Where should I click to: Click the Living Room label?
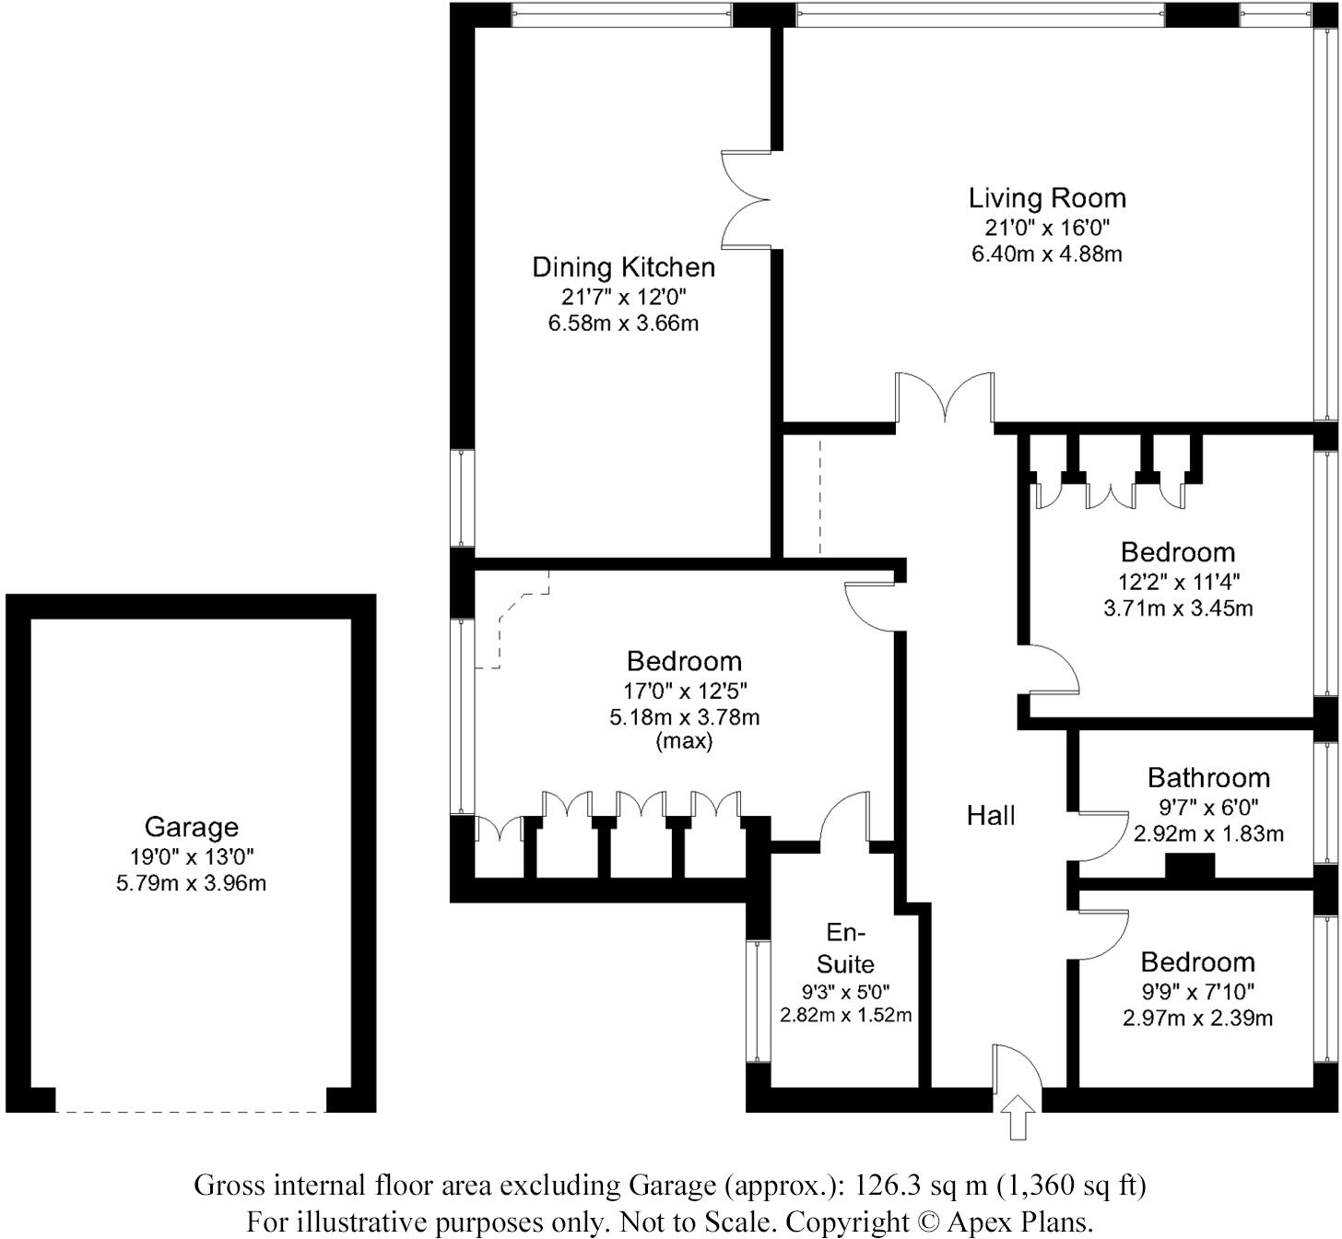[x=1047, y=198]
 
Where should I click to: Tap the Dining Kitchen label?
[x=623, y=267]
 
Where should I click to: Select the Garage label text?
[x=191, y=827]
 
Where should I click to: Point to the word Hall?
[x=991, y=815]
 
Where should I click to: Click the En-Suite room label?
[x=845, y=948]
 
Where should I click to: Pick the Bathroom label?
[x=1208, y=777]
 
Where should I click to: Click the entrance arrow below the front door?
[x=1018, y=1117]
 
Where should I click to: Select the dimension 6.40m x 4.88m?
[x=1047, y=254]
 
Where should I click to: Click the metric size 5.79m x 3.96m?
[x=191, y=883]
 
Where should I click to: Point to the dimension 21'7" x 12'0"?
[x=623, y=297]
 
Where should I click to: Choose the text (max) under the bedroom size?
[x=684, y=741]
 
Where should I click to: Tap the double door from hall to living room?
[x=946, y=398]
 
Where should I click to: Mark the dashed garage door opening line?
[x=191, y=1112]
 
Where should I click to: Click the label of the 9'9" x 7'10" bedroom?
[x=1197, y=962]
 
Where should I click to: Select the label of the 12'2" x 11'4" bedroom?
[x=1178, y=552]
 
